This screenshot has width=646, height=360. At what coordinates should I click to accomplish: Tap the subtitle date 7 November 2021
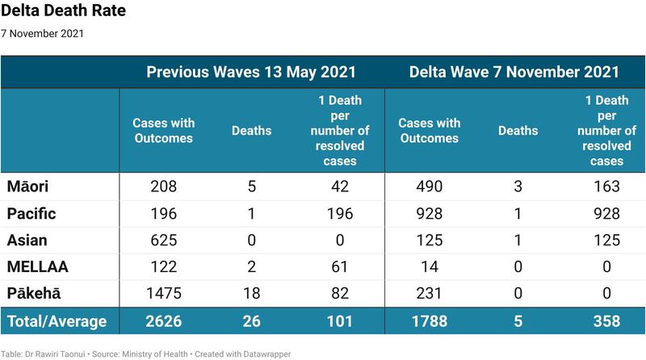point(43,34)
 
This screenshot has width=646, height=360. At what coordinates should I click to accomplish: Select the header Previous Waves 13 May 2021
point(252,72)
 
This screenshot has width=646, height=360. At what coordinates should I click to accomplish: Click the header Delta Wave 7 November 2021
point(514,72)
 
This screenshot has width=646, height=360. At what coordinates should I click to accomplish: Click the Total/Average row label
point(57,321)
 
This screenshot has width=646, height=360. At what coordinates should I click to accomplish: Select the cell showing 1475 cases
point(164,293)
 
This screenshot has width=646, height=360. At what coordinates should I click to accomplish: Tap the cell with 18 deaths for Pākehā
point(252,293)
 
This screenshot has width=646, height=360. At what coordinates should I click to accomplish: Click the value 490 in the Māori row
point(430,187)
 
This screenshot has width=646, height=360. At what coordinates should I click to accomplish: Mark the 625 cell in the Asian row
point(164,241)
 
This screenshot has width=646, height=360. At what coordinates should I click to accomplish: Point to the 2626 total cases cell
point(164,321)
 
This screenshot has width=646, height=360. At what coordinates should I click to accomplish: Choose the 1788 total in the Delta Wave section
point(430,321)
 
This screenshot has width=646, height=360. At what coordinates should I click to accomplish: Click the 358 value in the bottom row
point(605,321)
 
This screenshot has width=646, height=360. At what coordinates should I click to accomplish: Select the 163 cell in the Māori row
point(605,187)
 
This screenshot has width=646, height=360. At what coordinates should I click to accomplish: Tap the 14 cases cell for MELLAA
point(430,266)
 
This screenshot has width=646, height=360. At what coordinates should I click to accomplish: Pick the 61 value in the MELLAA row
point(340,266)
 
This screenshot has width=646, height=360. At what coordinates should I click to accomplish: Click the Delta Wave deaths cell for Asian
point(518,241)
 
